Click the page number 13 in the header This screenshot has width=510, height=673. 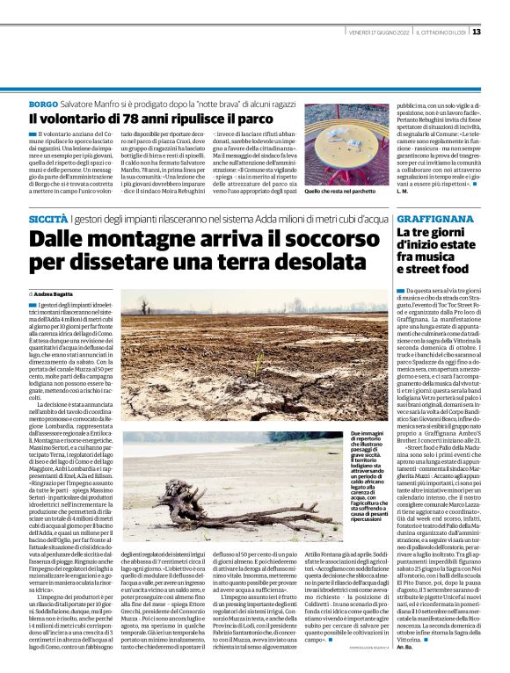pos(476,32)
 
